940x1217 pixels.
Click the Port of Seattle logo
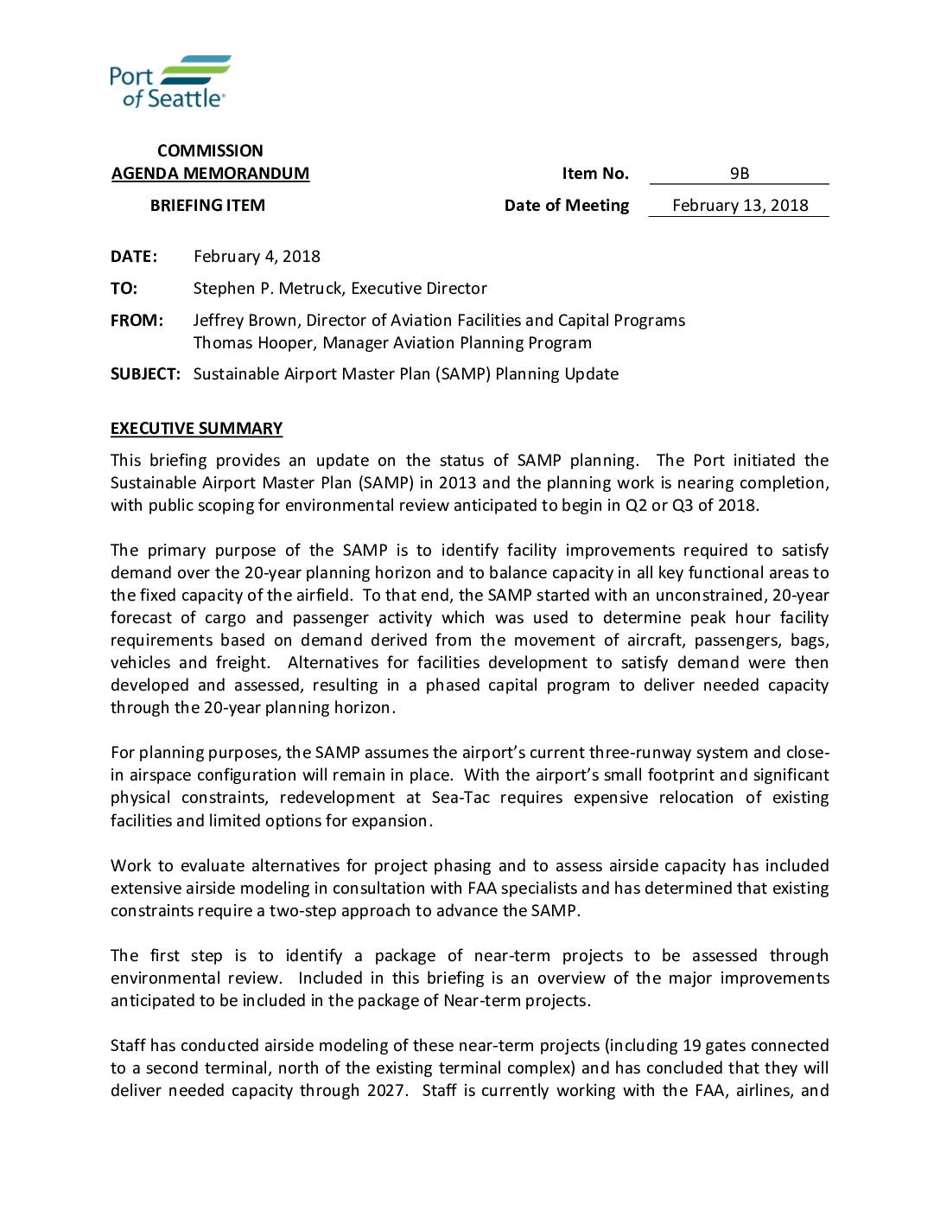pos(170,81)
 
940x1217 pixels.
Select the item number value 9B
pos(739,174)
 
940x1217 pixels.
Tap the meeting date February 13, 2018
pos(740,206)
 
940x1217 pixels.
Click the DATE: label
pos(134,257)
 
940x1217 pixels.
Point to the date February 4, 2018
pos(257,257)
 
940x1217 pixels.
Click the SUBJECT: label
pos(145,374)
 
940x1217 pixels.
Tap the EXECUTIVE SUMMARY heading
pos(196,429)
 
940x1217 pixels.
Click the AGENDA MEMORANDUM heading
pos(210,174)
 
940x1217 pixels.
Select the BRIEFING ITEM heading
pos(207,206)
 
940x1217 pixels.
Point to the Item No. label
pos(595,174)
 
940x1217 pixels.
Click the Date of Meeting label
pos(567,206)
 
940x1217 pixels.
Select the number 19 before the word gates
pos(691,1045)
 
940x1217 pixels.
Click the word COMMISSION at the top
pos(210,151)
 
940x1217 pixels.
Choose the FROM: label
pos(137,321)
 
